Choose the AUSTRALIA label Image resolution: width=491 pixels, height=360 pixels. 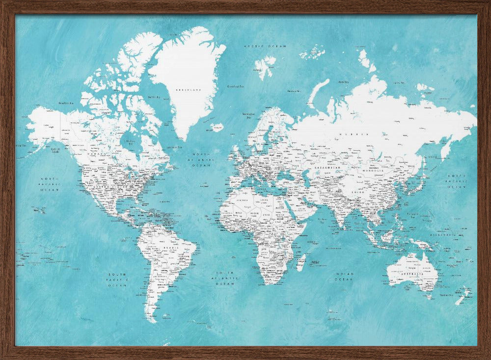pos(411,274)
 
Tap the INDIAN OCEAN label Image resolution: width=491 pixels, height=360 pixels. pos(344,277)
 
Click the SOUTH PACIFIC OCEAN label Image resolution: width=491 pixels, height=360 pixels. pos(118,279)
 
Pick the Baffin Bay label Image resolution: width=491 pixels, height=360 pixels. pos(154,97)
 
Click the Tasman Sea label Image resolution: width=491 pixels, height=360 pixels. pos(446,295)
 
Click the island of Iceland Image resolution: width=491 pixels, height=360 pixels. pos(217,127)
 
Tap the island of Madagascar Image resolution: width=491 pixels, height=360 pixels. pos(301,262)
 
